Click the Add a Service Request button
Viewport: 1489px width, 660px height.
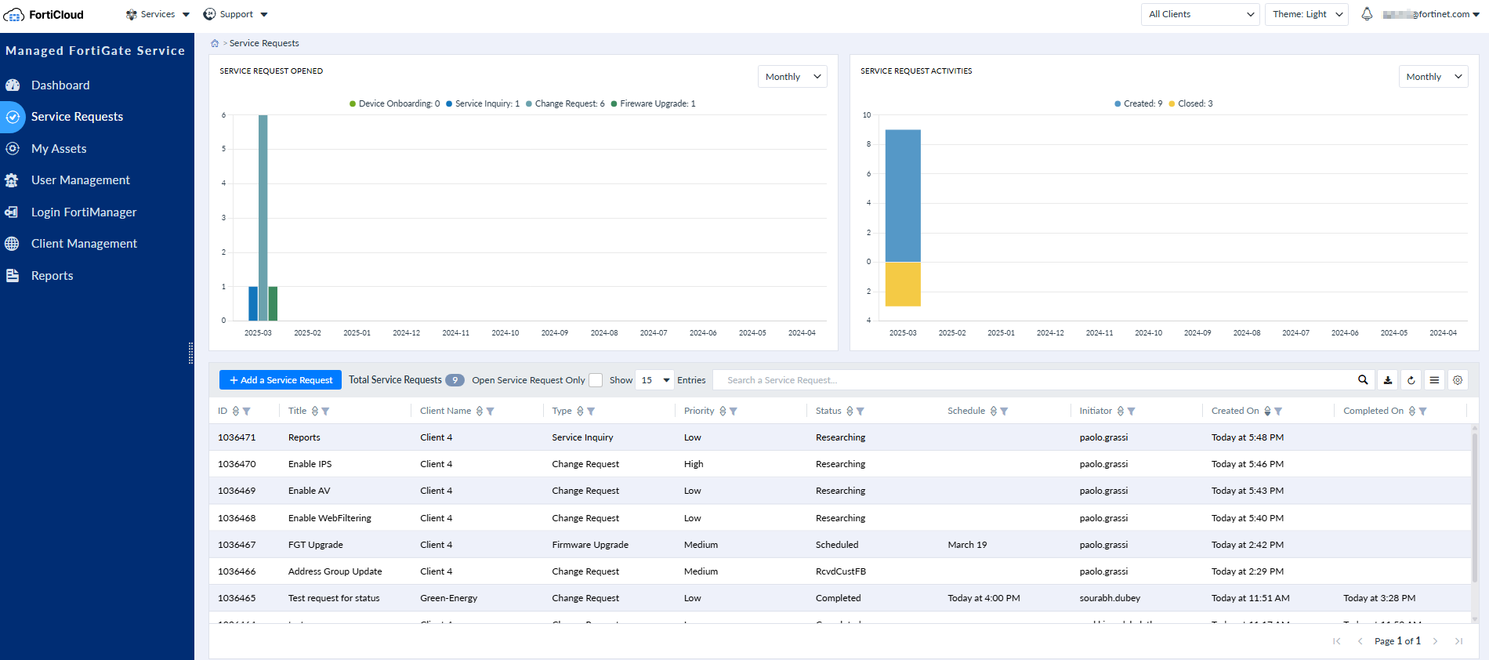281,380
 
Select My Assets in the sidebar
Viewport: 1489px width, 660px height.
59,149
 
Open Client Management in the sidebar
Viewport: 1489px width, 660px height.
84,244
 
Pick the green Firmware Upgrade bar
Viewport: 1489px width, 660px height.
274,303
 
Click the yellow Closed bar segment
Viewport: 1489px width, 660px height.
903,285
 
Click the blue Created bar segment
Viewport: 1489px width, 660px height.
903,195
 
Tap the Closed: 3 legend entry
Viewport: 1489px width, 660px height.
1190,103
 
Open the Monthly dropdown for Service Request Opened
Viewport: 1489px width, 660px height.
792,77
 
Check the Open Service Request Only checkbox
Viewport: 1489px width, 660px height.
596,380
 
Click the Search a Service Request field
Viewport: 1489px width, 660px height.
1034,380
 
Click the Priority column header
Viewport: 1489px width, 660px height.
699,411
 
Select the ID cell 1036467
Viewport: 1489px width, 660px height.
237,545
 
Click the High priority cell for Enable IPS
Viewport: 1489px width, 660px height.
694,464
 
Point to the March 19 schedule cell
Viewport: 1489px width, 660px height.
967,545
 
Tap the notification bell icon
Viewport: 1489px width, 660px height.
1367,14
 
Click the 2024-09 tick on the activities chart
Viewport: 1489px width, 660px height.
1197,333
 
